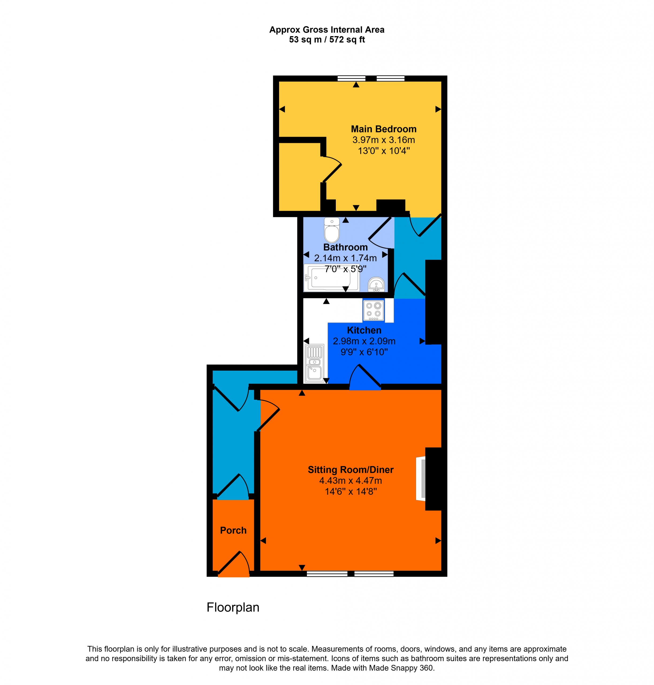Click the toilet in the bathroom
332,230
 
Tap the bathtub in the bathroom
332,277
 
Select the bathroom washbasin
376,284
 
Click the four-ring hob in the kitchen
373,310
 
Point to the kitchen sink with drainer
314,363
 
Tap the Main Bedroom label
383,129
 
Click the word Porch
233,530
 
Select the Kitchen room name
364,330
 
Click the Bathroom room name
345,247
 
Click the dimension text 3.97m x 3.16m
383,140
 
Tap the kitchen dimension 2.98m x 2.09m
364,341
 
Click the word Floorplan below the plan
233,607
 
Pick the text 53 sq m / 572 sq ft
327,39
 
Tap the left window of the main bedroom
351,78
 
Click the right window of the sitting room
374,574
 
